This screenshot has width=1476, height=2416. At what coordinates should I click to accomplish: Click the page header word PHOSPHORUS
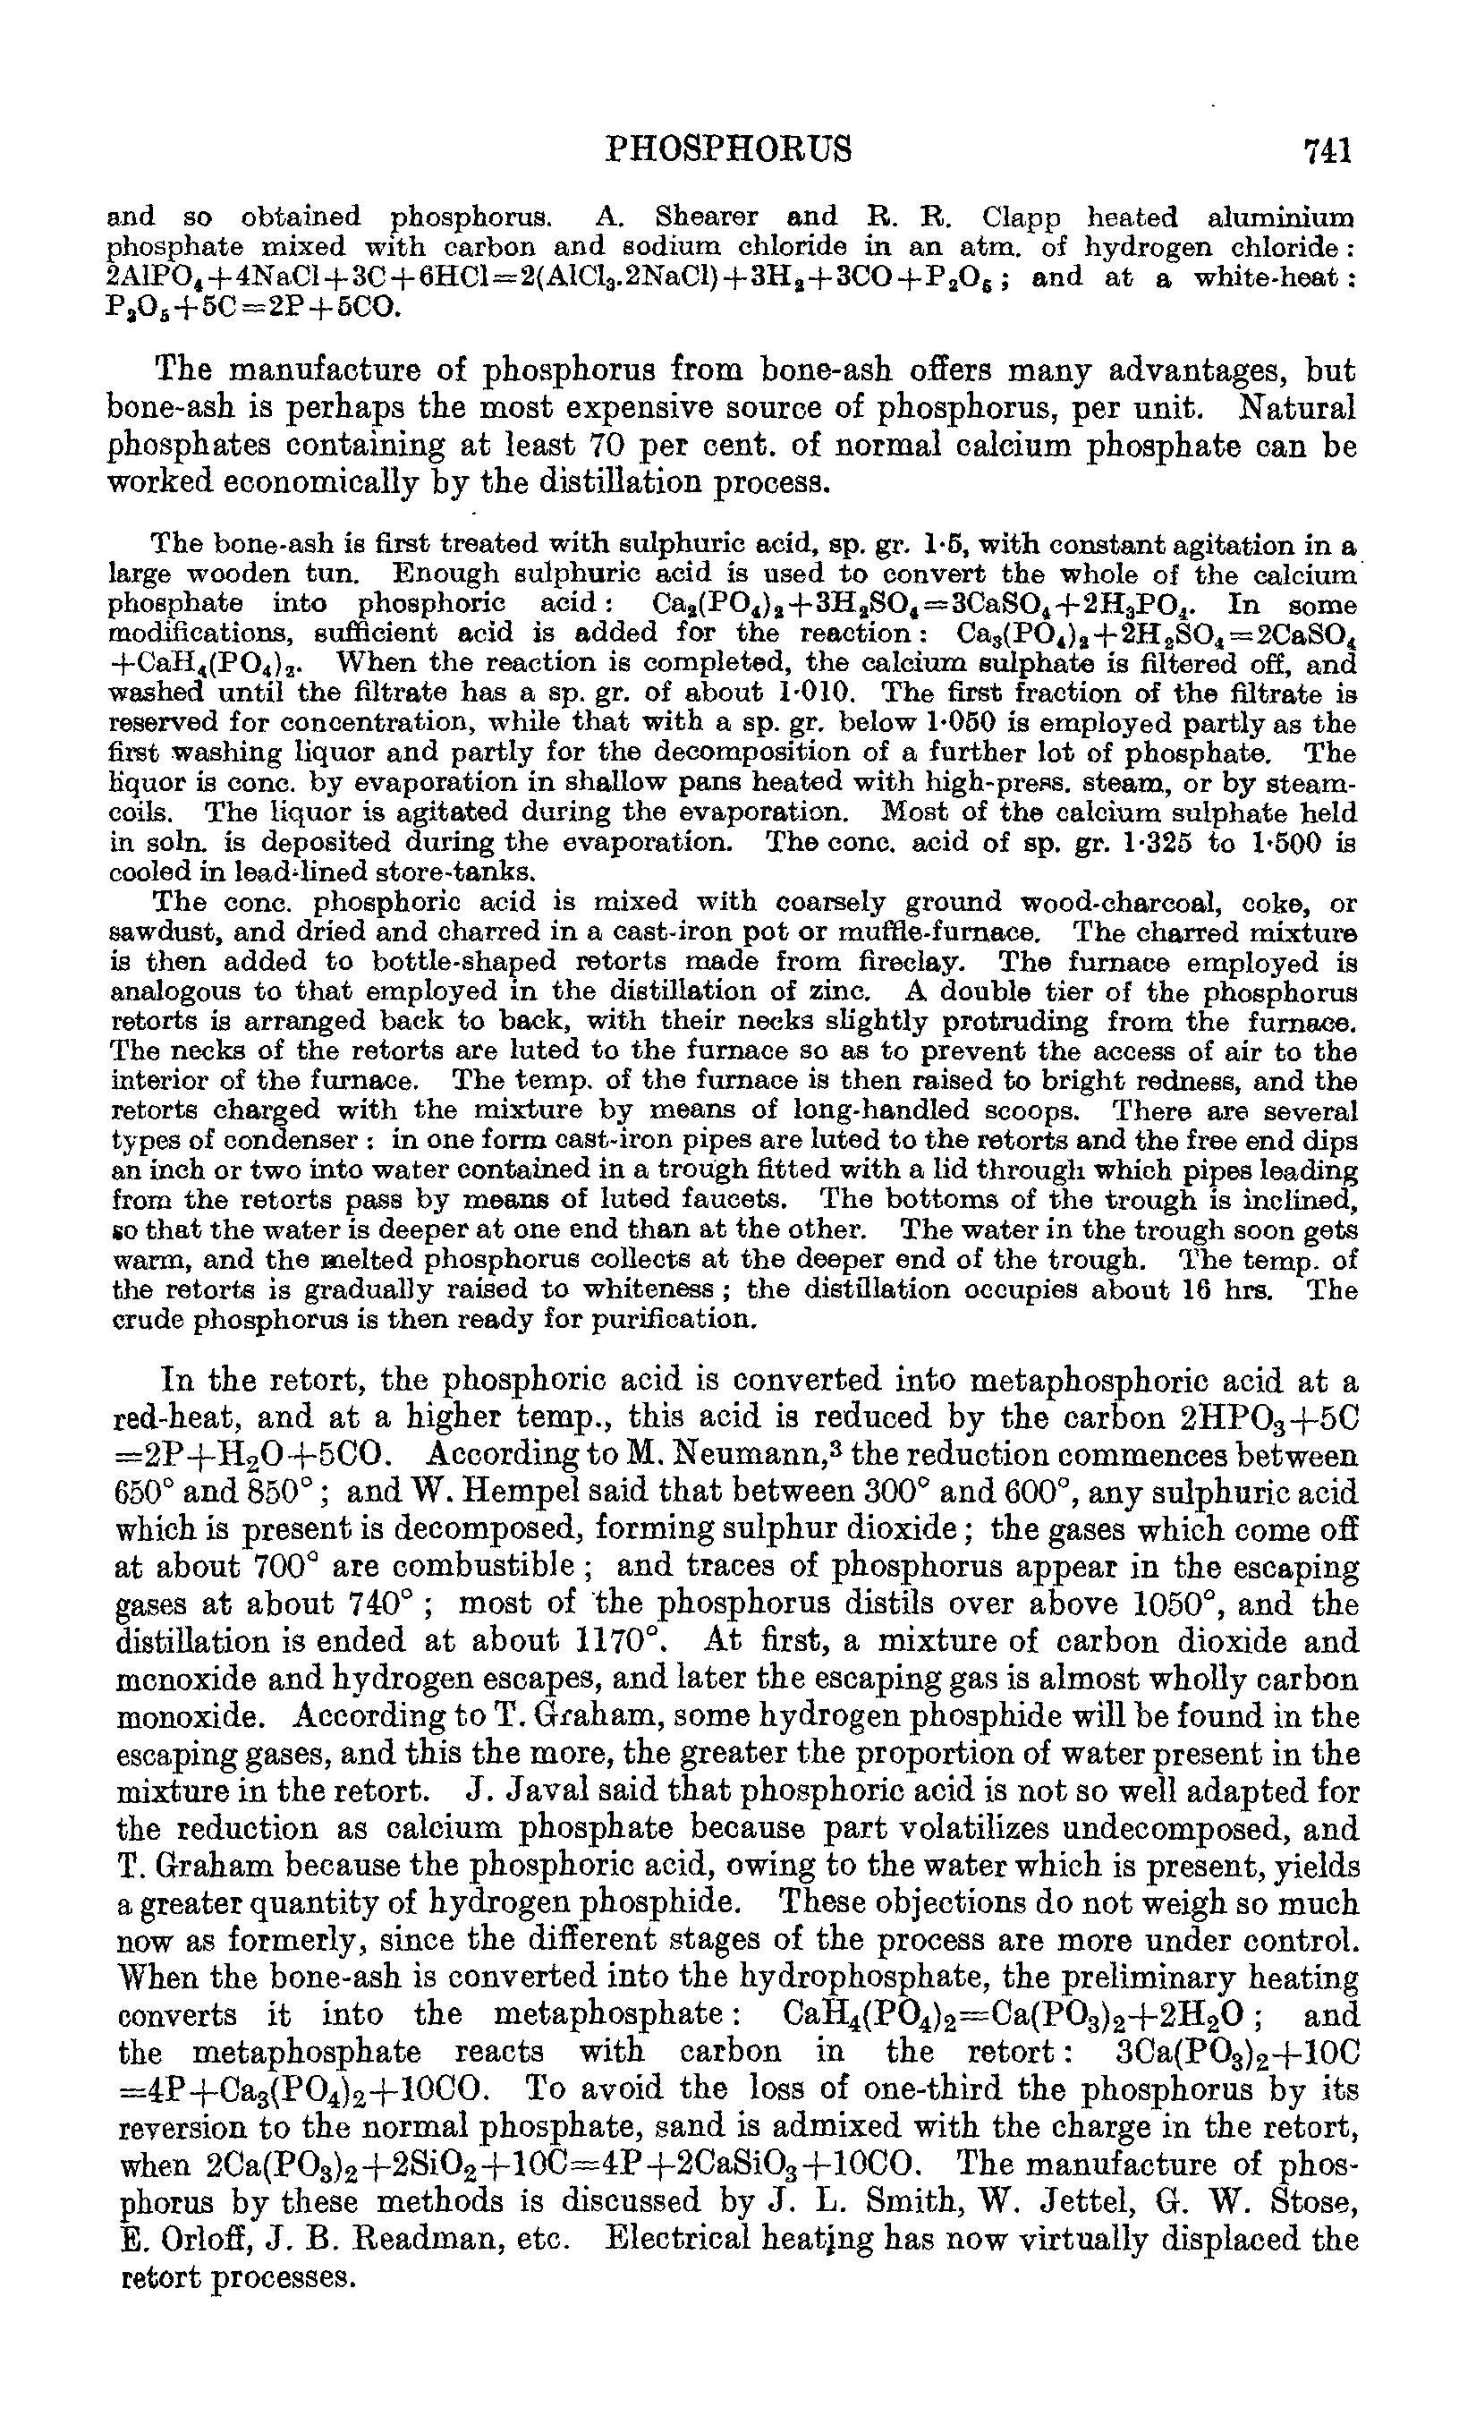(729, 149)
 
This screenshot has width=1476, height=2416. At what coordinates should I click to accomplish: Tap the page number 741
(1327, 150)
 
